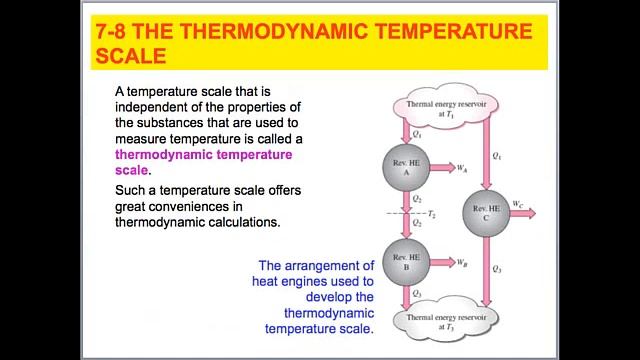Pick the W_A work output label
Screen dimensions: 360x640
click(462, 168)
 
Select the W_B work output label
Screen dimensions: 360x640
click(462, 263)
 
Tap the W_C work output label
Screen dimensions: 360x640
click(517, 205)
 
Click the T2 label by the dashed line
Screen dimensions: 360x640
click(431, 214)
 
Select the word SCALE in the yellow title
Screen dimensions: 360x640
click(130, 55)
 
